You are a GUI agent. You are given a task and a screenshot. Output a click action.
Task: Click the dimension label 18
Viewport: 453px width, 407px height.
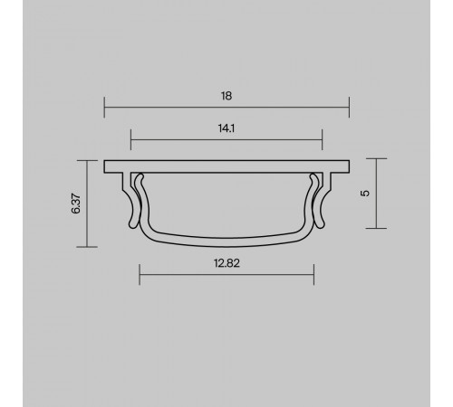coord(226,95)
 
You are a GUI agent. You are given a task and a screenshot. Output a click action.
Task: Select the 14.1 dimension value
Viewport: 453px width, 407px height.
coord(226,128)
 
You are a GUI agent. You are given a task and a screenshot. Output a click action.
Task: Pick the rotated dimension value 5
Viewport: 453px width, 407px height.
coord(363,194)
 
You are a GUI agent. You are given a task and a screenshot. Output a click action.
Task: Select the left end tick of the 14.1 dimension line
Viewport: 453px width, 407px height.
coord(131,141)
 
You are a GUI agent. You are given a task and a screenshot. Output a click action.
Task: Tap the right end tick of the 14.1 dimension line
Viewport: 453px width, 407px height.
coord(322,141)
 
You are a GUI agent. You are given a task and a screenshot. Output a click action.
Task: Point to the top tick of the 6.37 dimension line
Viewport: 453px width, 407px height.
coord(88,160)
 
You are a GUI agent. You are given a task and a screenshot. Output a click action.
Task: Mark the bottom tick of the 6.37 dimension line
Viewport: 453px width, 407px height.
coord(88,247)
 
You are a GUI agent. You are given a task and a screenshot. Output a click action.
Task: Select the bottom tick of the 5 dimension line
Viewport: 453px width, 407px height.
coord(376,227)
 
